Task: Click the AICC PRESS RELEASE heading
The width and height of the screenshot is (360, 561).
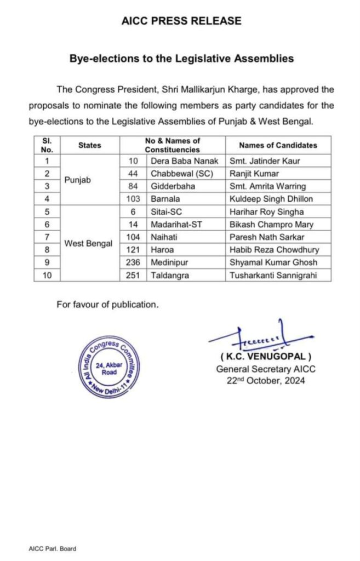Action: [x=181, y=21]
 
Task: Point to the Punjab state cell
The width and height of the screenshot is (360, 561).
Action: [x=76, y=180]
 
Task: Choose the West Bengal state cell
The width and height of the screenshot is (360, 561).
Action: [x=89, y=243]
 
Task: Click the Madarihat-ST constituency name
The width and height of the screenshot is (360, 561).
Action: [x=178, y=225]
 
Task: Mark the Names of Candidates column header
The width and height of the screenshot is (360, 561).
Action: [x=278, y=145]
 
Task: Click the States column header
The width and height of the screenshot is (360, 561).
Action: [x=90, y=145]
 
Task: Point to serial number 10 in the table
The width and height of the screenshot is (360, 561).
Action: [x=47, y=275]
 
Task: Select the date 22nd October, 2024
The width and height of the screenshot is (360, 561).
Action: [x=266, y=381]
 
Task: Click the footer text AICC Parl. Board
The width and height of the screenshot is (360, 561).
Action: [x=53, y=548]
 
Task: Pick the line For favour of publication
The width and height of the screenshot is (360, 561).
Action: [x=107, y=305]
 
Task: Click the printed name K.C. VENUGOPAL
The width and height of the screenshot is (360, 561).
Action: [x=266, y=358]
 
